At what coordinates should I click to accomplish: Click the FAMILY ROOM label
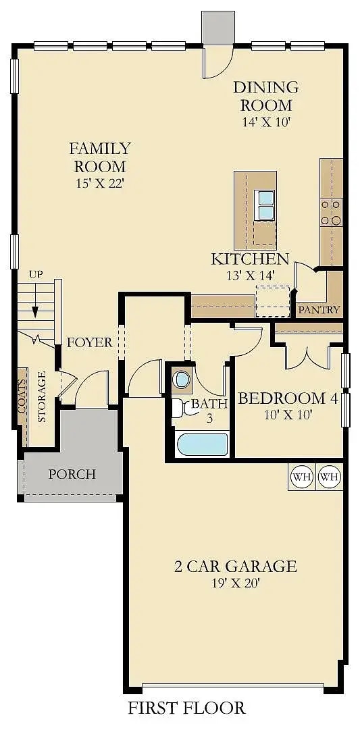[x=99, y=157]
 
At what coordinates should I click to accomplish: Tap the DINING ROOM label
[x=265, y=96]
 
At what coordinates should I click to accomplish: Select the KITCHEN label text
[x=250, y=259]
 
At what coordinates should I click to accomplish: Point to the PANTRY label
[x=319, y=310]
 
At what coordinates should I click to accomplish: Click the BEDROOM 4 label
[x=288, y=398]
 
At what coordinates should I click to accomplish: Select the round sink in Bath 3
[x=181, y=379]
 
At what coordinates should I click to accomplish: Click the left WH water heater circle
[x=301, y=477]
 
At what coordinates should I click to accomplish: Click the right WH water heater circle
[x=329, y=477]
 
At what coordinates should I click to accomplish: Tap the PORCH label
[x=72, y=474]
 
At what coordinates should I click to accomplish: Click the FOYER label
[x=89, y=342]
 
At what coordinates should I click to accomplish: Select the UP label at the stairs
[x=35, y=274]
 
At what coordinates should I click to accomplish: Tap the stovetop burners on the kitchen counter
[x=331, y=211]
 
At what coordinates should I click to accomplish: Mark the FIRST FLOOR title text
[x=186, y=708]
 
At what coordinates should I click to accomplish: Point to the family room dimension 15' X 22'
[x=99, y=183]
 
